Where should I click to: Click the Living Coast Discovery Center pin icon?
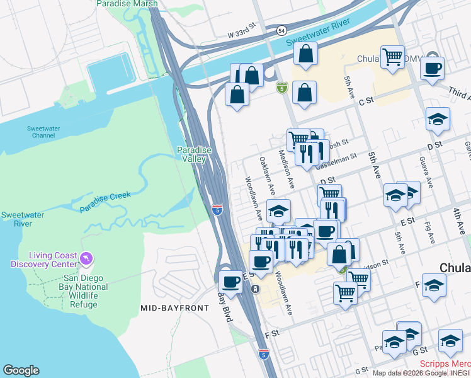coord(86,258)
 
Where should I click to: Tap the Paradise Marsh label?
coord(127,4)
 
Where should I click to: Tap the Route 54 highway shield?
coord(280,30)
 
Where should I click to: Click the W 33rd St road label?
coord(243,32)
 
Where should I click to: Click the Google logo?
coord(21,370)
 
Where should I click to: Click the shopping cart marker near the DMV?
coord(392,57)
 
